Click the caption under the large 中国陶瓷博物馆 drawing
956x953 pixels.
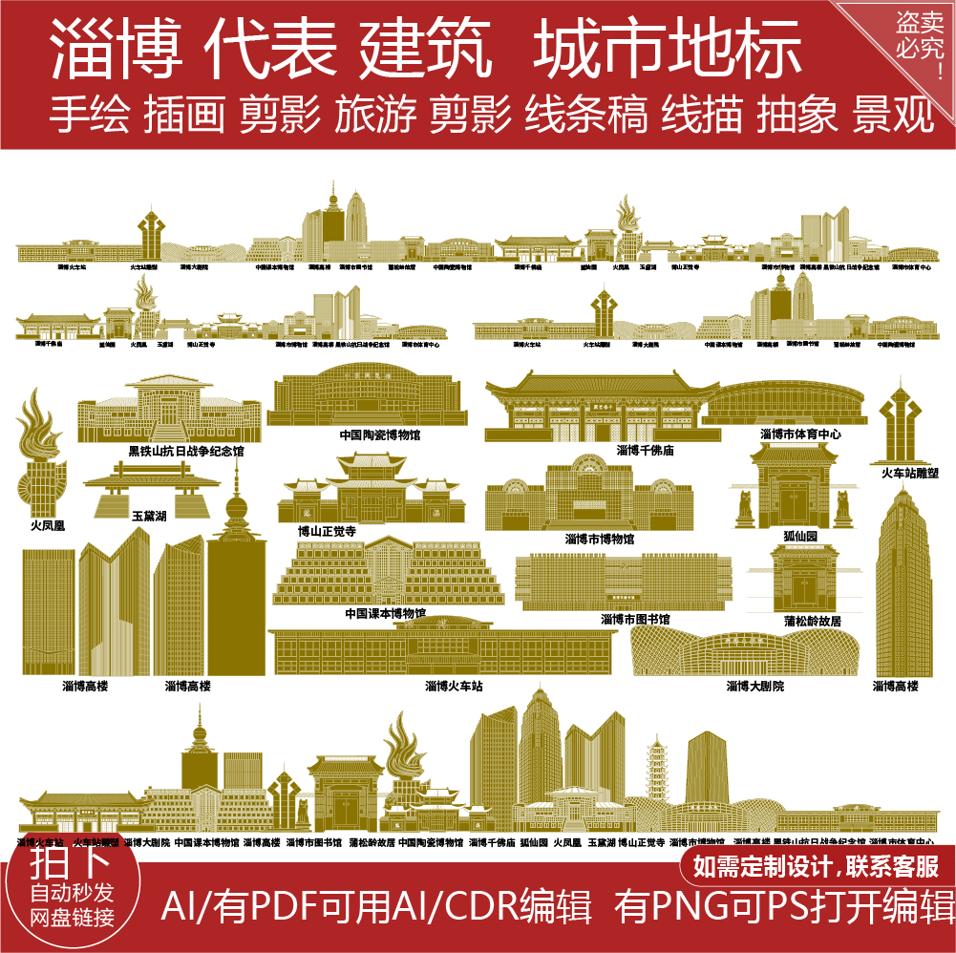(x=379, y=434)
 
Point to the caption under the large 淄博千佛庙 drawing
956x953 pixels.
(x=645, y=450)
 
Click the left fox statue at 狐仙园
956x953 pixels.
(x=744, y=510)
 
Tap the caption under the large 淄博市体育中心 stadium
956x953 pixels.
(x=800, y=434)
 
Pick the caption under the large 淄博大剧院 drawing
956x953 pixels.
(x=754, y=686)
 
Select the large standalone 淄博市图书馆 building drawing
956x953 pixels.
(x=624, y=582)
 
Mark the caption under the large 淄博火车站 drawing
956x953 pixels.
(x=454, y=686)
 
